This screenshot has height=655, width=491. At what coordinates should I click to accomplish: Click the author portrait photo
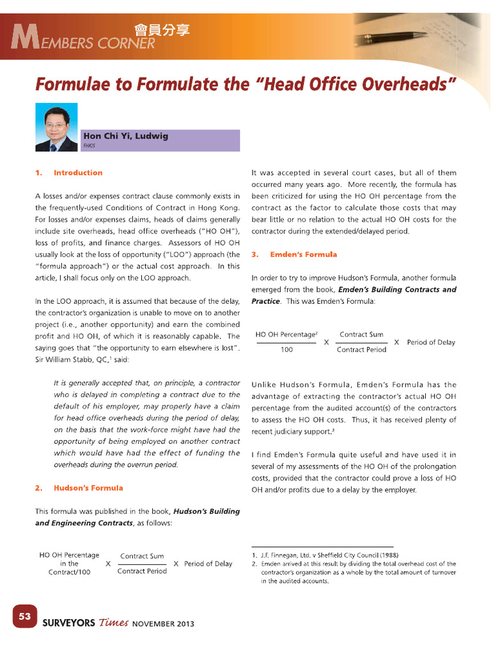56,127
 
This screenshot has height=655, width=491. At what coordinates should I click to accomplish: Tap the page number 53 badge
25,617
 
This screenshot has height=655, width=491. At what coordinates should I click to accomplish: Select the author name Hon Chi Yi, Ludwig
125,136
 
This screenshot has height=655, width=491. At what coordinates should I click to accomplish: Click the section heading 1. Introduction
68,173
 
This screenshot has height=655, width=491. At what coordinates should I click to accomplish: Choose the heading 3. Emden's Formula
294,255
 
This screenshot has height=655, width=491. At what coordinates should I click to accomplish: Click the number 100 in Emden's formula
287,350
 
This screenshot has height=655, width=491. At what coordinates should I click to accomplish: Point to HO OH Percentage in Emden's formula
286,335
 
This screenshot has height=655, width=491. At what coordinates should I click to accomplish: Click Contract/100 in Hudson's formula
69,572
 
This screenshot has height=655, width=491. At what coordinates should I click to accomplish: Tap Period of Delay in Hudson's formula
208,564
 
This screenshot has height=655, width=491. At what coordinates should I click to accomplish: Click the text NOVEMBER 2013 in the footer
163,624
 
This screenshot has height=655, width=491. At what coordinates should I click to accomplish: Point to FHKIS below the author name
89,146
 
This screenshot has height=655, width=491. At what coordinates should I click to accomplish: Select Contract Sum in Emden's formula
361,335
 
